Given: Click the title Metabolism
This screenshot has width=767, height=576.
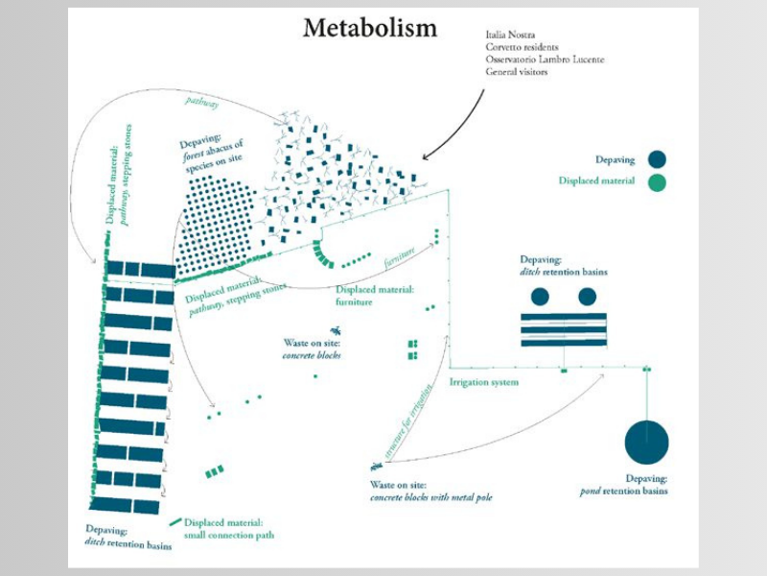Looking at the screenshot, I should [x=369, y=29].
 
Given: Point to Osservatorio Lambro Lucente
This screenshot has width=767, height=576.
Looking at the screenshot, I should [x=545, y=60].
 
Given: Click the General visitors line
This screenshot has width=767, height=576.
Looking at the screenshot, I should [x=517, y=72].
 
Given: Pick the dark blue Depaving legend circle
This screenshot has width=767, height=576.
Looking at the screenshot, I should [x=656, y=160].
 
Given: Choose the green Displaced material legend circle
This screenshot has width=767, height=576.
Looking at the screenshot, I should [x=656, y=181].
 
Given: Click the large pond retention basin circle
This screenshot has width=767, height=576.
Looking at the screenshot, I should [x=646, y=443].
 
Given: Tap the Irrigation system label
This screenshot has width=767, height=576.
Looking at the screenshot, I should [x=484, y=382].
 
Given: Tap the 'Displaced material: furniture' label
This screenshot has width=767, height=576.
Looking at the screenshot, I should [x=375, y=295].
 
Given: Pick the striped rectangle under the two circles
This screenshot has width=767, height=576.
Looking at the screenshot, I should [x=563, y=329].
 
